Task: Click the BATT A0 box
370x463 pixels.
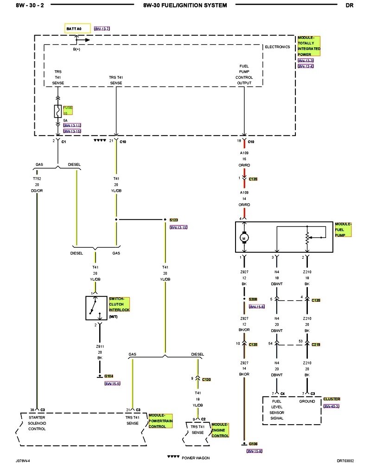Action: point(77,28)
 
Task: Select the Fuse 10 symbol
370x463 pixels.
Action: point(58,111)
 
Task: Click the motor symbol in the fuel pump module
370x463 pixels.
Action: point(244,238)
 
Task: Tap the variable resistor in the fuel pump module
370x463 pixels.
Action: point(306,237)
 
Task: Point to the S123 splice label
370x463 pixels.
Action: point(174,219)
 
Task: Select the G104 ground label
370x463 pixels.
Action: point(109,376)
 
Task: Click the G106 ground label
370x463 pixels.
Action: point(253,443)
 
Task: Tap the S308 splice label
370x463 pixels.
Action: point(253,300)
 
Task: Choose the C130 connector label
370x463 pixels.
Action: point(206,379)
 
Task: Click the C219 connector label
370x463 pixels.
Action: point(316,344)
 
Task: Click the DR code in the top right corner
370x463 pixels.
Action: point(350,6)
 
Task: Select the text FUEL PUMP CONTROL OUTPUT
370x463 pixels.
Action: point(244,75)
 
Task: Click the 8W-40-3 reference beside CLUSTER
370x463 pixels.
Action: point(332,406)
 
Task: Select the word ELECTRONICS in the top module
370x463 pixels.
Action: point(277,47)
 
